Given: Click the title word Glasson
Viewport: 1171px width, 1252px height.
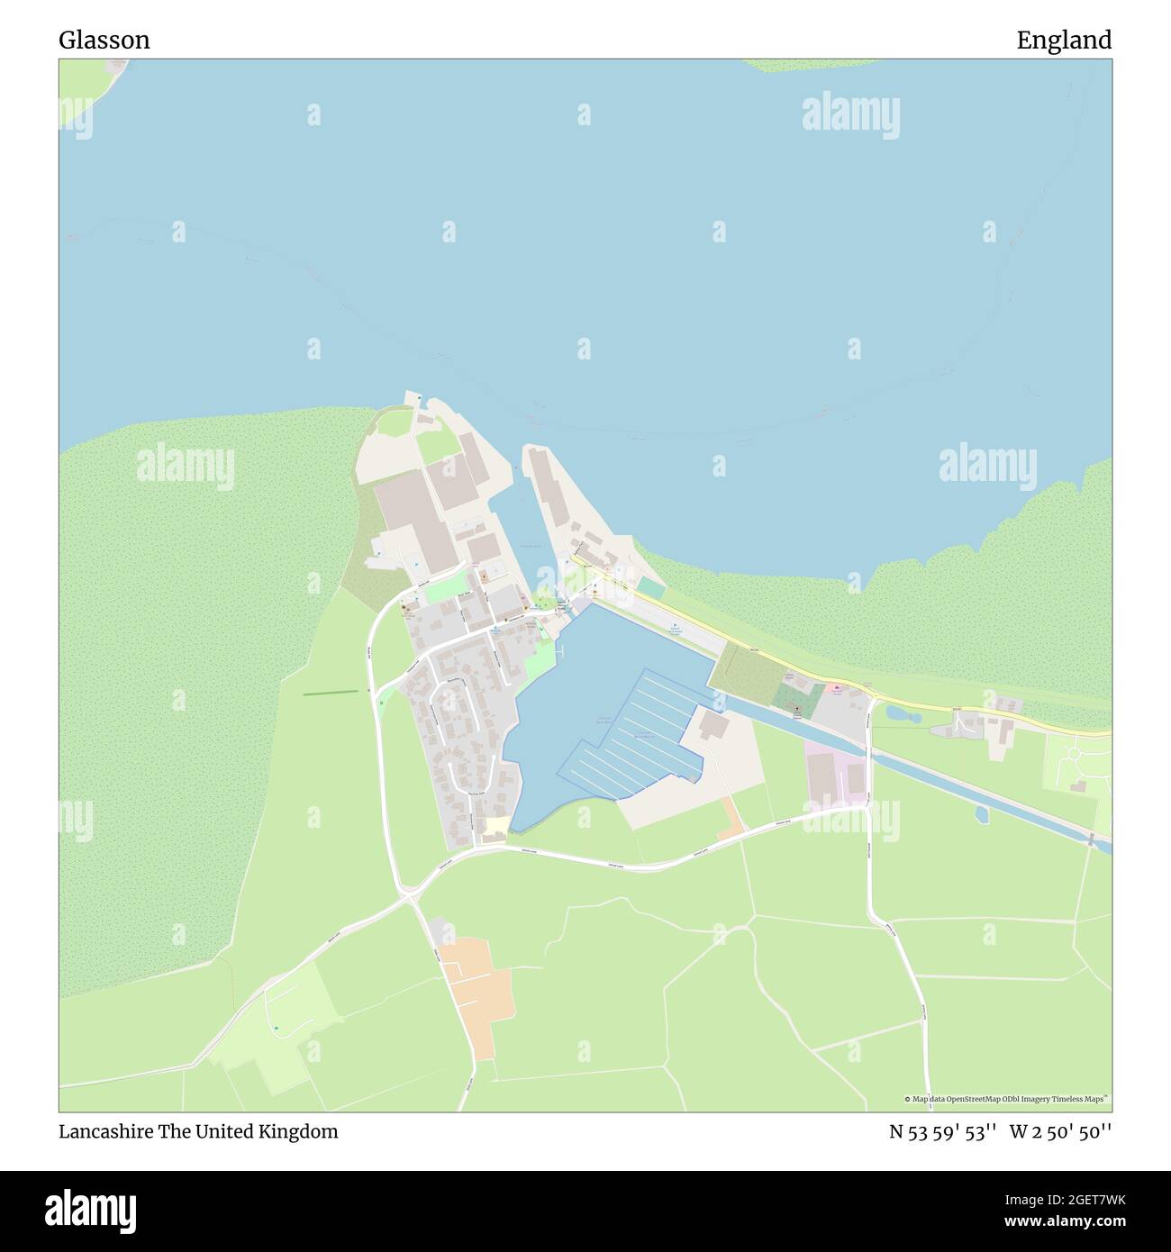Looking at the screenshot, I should click(104, 41).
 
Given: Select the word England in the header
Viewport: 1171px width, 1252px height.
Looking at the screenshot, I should click(1064, 41).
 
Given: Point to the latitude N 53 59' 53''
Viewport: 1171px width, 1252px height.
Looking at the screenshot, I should click(942, 1131).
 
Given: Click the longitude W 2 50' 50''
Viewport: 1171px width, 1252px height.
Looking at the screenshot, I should click(1060, 1131).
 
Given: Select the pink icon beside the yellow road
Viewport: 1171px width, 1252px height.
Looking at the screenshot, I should click(838, 690).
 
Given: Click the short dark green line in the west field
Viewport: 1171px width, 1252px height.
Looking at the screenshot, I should click(330, 693).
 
